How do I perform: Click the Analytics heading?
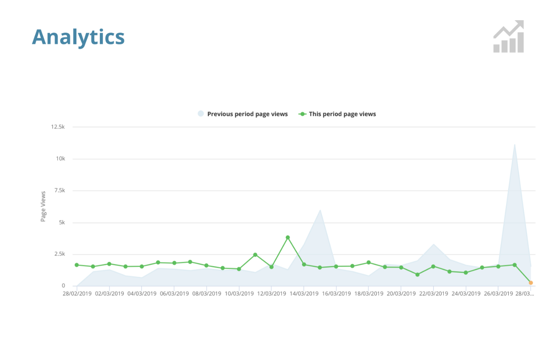point(78,37)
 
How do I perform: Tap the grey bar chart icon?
point(509,37)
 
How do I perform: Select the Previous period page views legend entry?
point(243,114)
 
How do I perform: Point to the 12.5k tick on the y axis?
point(58,127)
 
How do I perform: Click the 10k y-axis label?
point(60,159)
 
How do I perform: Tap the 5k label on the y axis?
point(62,222)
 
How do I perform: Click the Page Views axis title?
point(43,206)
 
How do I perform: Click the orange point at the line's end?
point(531,283)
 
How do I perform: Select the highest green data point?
point(288,238)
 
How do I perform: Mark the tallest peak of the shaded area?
point(515,144)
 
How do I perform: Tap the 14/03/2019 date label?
point(304,294)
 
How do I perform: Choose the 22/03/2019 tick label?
point(433,294)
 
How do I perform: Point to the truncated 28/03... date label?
point(525,294)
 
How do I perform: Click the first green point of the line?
point(76,265)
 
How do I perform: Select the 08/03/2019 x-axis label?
point(206,294)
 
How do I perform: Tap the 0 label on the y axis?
point(63,286)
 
